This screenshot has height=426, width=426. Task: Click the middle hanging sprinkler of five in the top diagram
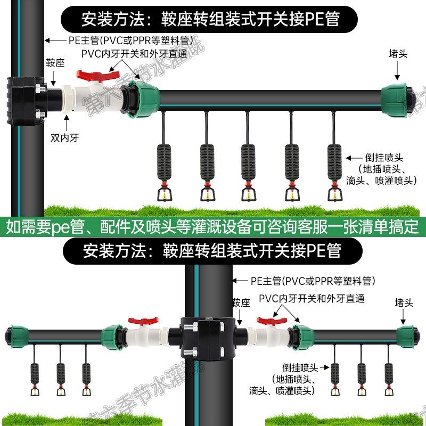(248, 165)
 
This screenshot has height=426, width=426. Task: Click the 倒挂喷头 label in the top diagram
(384, 158)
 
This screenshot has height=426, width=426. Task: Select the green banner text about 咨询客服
(213, 226)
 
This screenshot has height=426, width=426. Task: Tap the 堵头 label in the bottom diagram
(404, 303)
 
